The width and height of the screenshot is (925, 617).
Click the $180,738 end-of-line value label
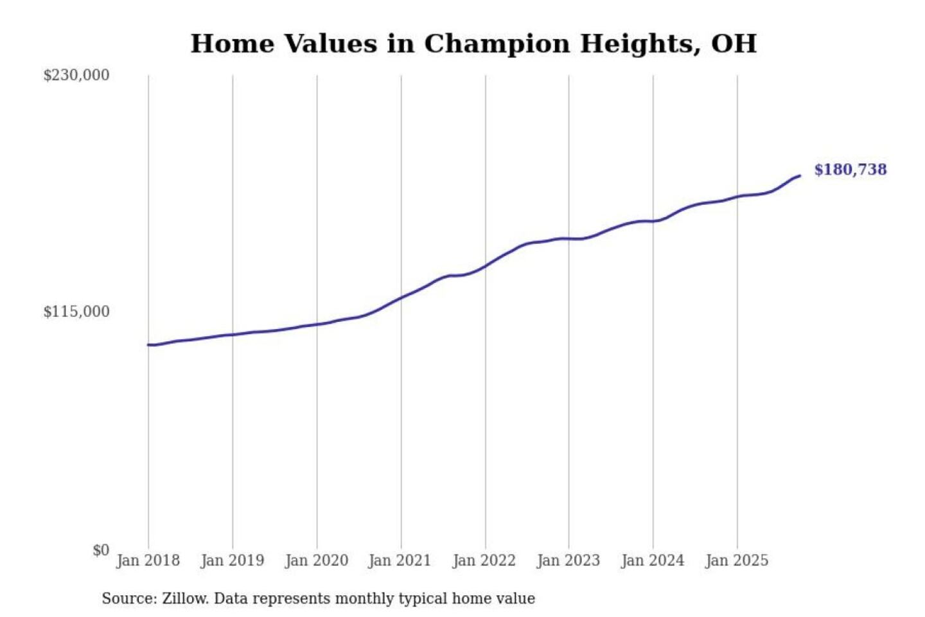tap(850, 170)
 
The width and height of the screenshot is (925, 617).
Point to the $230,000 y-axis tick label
tap(76, 75)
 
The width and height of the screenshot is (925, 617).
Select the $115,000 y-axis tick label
tap(76, 312)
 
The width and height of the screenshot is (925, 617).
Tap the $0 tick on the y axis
tap(101, 550)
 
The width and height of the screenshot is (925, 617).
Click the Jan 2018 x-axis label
tap(148, 560)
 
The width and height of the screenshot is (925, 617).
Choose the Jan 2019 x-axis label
tap(232, 560)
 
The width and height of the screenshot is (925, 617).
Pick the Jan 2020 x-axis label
tap(316, 560)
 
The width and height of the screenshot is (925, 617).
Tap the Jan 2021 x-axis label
tap(400, 560)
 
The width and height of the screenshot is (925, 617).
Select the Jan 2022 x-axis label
tap(484, 560)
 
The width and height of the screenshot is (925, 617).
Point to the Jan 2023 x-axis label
tap(568, 560)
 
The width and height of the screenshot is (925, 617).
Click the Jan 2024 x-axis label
tap(653, 560)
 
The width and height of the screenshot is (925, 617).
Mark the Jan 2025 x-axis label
tap(736, 560)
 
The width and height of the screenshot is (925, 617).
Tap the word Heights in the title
tap(640, 44)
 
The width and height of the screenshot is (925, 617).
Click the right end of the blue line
tap(800, 175)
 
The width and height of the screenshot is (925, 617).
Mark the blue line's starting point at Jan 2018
tap(148, 345)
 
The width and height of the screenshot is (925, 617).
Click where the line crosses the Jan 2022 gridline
tap(486, 265)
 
